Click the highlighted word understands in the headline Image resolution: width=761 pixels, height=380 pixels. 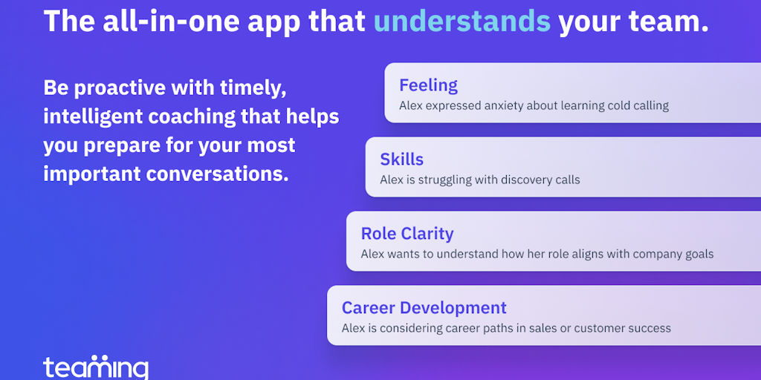[462, 22]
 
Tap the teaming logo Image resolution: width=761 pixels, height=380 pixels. [96, 367]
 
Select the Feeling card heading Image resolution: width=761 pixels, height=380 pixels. [428, 85]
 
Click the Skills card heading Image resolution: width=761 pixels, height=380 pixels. [402, 159]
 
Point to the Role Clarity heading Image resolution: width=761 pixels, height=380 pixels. [407, 234]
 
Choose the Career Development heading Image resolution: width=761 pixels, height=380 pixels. [424, 308]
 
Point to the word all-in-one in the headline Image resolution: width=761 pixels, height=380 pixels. [140, 22]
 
